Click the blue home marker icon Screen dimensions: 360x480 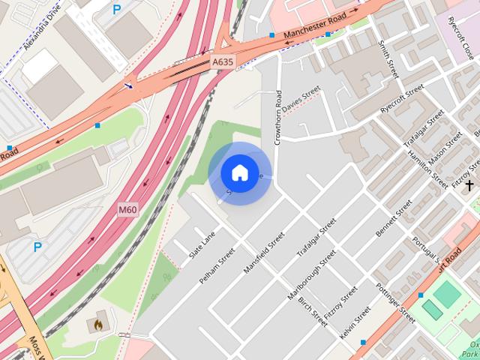click(x=239, y=173)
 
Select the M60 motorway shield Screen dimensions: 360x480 click(x=127, y=211)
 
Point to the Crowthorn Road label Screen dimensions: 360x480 click(x=278, y=116)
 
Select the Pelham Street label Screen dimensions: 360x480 click(x=217, y=268)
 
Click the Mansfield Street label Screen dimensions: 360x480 click(x=265, y=252)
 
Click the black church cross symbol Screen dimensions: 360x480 click(x=469, y=184)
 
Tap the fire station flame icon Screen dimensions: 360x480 click(x=97, y=325)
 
